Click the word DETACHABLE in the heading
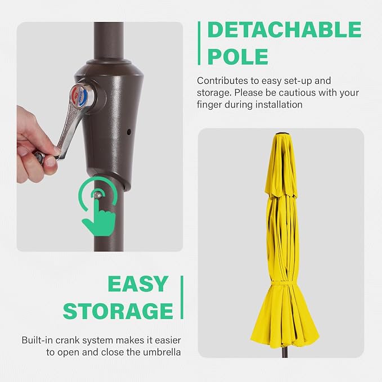(x=284, y=29)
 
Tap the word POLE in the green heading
(x=238, y=56)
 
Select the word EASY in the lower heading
(x=138, y=284)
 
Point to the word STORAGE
(x=118, y=311)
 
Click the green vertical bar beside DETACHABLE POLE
(x=199, y=43)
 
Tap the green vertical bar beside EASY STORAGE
(x=182, y=297)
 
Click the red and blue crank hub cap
(x=80, y=96)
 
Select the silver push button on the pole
(x=98, y=195)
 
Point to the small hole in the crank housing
(x=129, y=132)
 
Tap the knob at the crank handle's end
(x=39, y=156)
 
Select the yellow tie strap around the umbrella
(x=282, y=284)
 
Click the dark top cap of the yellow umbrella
(x=282, y=134)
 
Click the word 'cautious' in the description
(x=297, y=93)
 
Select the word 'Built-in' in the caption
(x=37, y=340)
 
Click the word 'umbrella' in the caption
(x=162, y=352)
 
